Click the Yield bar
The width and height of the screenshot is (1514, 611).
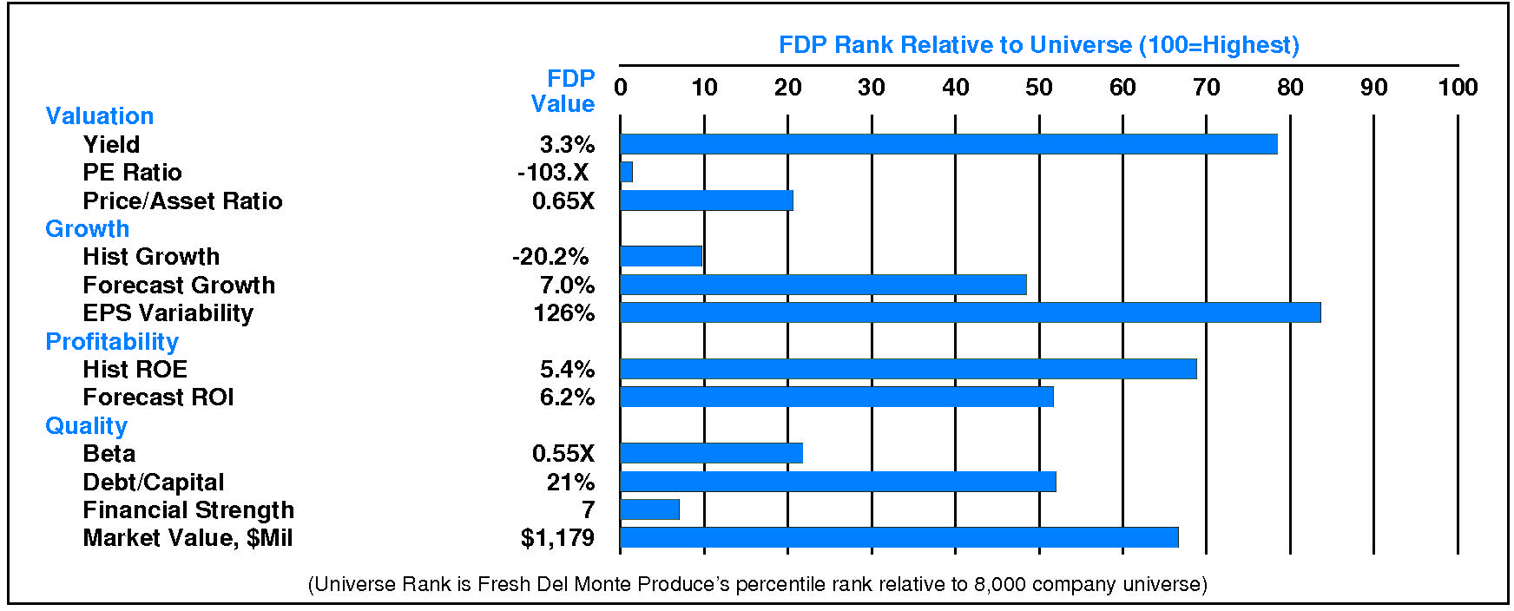(948, 144)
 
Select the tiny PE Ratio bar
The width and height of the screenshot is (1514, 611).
(627, 172)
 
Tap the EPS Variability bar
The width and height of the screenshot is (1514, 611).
(970, 312)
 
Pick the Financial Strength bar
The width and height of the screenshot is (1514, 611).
(649, 509)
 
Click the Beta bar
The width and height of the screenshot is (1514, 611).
(711, 453)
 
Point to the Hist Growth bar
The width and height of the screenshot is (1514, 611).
(661, 256)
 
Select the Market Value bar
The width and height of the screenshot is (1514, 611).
(899, 537)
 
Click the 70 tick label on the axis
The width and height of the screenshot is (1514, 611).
(1206, 88)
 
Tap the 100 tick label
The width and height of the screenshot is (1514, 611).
(1457, 88)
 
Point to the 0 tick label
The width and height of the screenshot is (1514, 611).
(621, 88)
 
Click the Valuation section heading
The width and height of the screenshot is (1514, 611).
(99, 116)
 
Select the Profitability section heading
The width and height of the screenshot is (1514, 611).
(112, 342)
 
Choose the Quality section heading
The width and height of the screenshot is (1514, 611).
(86, 426)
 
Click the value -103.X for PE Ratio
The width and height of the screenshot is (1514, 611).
(553, 173)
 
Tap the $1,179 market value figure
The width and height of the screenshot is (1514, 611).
(557, 538)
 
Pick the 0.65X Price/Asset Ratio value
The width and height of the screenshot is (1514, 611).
(563, 201)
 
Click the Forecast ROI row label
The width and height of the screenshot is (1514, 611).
(158, 397)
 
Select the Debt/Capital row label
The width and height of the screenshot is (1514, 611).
(153, 483)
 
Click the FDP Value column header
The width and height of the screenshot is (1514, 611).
(564, 91)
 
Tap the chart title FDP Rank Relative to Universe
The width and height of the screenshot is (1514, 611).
(1038, 45)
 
